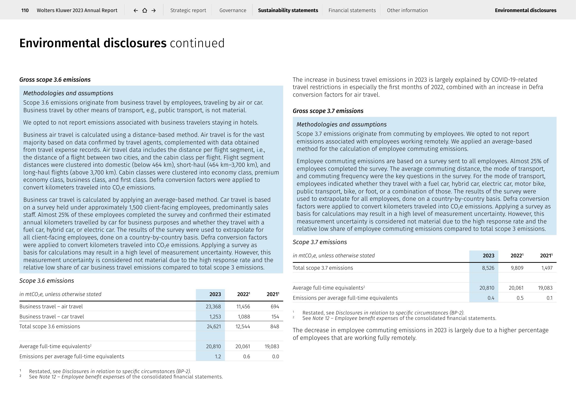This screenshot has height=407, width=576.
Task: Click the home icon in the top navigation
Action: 145,10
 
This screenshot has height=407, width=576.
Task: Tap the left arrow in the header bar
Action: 136,10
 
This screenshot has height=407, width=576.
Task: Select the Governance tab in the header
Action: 232,10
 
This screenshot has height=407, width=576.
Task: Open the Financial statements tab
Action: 352,10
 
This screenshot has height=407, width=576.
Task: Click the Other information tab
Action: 407,10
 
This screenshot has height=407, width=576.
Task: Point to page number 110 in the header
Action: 25,10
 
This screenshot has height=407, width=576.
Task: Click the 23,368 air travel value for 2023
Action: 213,307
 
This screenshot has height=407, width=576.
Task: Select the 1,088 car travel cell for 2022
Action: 244,316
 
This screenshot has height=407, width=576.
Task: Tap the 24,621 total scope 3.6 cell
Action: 214,326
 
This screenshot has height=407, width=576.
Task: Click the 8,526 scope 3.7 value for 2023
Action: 488,268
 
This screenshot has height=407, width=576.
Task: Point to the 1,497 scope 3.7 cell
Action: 547,268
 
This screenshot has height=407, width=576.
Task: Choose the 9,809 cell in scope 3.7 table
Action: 517,268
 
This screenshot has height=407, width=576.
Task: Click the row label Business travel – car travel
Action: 52,316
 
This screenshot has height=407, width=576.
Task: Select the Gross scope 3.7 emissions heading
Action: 328,111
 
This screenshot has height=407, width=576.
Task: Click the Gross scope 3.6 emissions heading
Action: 55,80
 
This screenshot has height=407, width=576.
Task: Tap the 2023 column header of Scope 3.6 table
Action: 215,294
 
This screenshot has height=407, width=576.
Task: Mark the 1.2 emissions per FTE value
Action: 218,356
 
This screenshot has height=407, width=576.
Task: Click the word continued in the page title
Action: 197,43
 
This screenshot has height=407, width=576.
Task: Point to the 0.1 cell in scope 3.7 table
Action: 549,298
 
